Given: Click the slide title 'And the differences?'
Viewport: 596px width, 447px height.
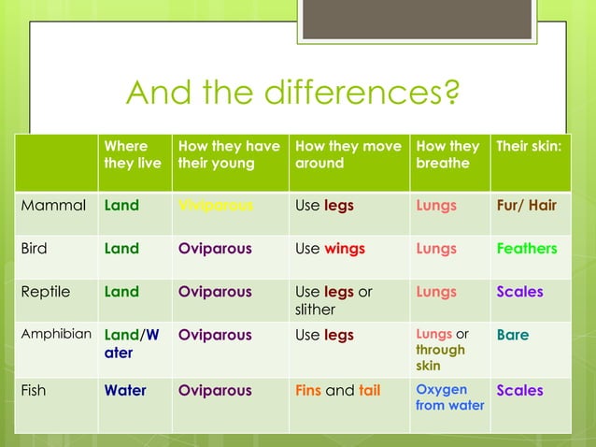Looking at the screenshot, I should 292,93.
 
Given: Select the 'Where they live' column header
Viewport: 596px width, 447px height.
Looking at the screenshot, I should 132,154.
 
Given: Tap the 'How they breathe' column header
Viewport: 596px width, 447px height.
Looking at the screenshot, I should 447,154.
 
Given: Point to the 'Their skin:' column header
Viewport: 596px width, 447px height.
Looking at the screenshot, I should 528,147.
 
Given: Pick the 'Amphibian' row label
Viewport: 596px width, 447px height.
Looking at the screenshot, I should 56,334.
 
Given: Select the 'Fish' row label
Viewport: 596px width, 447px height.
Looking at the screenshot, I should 33,391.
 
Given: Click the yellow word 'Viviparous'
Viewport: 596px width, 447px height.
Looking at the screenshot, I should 215,206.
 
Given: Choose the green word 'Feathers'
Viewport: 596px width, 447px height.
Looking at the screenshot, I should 526,249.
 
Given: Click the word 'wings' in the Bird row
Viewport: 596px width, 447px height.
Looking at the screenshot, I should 344,249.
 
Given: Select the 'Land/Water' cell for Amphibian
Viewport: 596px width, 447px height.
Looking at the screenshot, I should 132,343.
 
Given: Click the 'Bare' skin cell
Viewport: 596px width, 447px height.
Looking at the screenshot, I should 512,335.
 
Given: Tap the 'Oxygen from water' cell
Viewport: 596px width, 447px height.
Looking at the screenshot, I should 449,397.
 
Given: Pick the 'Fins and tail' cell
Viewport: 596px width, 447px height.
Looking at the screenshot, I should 337,391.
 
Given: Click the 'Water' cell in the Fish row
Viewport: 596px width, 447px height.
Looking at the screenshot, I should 125,391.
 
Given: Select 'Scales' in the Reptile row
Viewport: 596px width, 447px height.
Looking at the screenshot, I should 519,292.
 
